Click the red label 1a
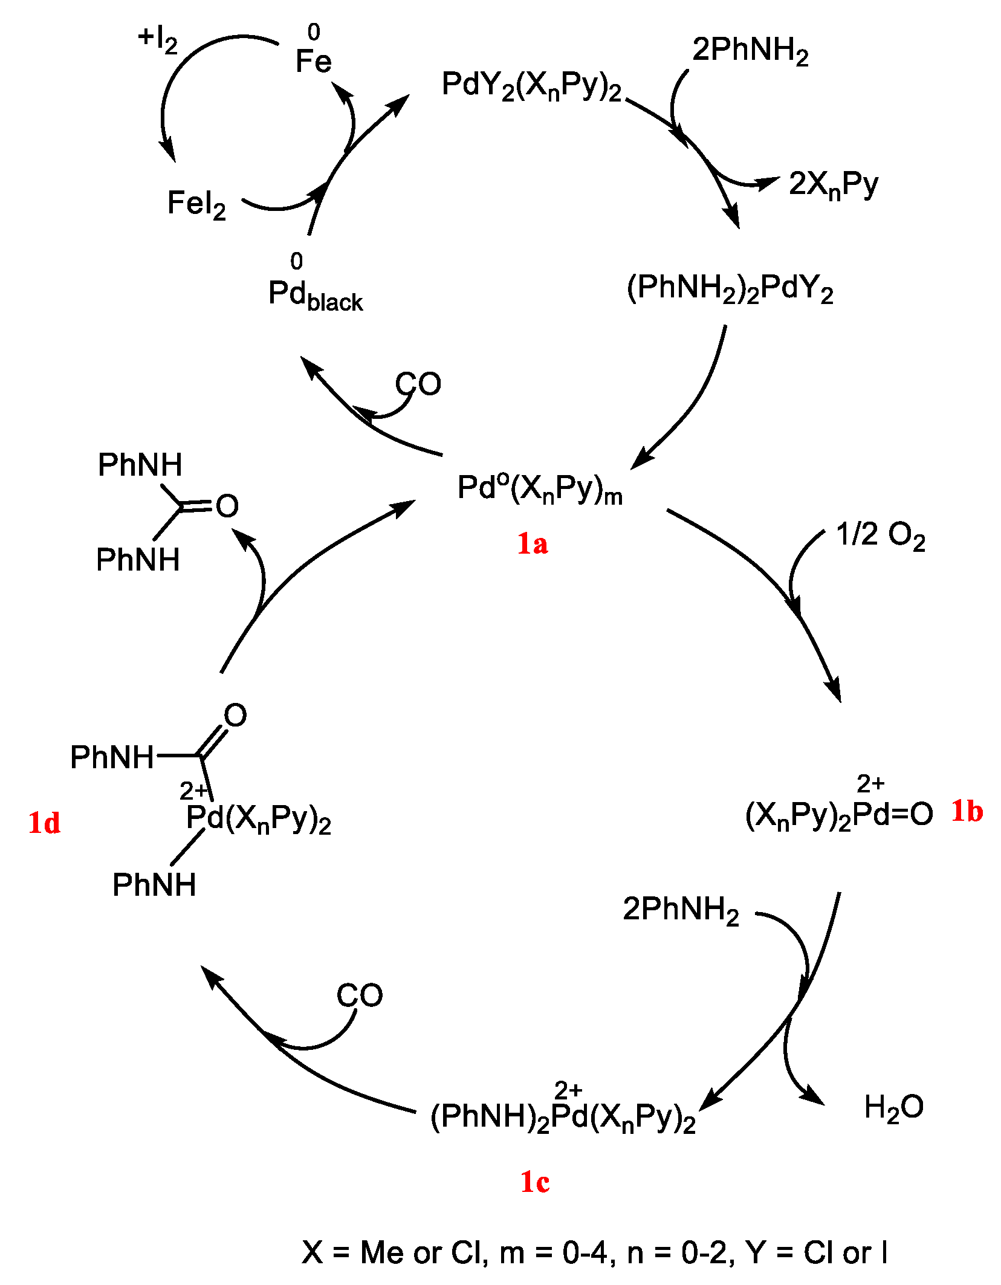click(x=532, y=543)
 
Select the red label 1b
click(x=967, y=811)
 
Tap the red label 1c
click(x=535, y=1182)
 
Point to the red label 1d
click(x=44, y=823)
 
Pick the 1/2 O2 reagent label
click(x=880, y=536)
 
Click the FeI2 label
click(x=196, y=204)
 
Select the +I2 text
click(x=158, y=40)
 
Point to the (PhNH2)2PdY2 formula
click(x=730, y=288)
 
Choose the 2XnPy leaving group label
click(x=833, y=184)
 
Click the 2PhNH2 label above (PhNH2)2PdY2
click(x=750, y=50)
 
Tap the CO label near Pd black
click(x=418, y=384)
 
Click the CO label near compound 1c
click(x=360, y=995)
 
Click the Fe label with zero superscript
click(x=314, y=60)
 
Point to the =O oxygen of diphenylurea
click(x=227, y=506)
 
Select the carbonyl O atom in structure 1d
click(x=235, y=715)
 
